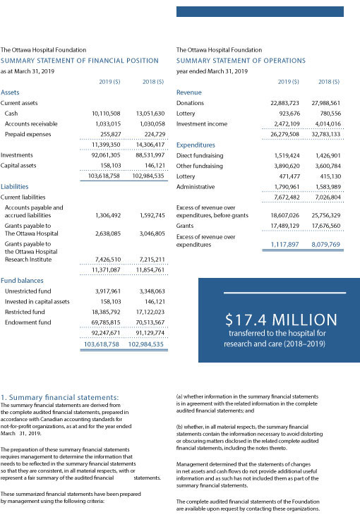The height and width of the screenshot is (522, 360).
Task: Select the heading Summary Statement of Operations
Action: [241, 61]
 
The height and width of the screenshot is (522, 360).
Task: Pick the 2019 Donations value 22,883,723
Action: [284, 103]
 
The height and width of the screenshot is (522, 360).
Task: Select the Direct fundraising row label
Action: [210, 154]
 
